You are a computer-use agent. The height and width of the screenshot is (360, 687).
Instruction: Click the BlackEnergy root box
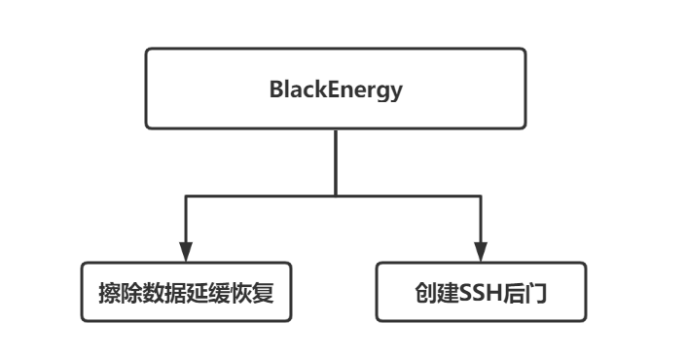(x=336, y=90)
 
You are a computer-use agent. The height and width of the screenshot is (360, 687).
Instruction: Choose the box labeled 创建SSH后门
(x=482, y=291)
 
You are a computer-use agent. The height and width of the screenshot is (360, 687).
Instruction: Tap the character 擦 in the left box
(x=110, y=291)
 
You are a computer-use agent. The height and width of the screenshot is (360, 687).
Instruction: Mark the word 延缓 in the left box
(x=209, y=291)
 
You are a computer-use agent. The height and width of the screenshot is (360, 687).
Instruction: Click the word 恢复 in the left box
(x=253, y=291)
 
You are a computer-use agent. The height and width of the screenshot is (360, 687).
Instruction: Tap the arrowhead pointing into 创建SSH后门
(x=482, y=250)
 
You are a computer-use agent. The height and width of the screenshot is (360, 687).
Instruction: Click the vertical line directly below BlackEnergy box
(x=336, y=161)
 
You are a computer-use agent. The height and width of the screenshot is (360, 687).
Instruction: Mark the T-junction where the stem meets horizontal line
(x=336, y=196)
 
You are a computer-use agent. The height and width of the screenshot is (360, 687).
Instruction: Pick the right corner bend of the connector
(x=482, y=196)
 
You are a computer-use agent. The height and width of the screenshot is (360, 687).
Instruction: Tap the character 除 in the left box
(x=132, y=291)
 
